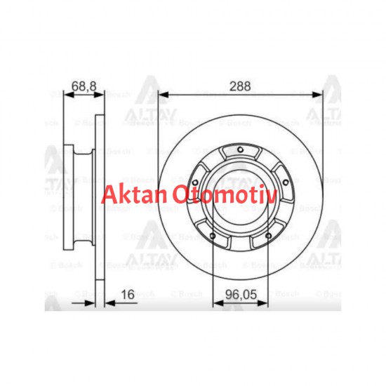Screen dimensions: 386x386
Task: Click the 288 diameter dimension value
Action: (x=241, y=87)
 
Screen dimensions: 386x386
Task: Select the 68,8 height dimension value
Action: (x=83, y=87)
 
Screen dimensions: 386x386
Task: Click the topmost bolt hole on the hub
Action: (x=240, y=149)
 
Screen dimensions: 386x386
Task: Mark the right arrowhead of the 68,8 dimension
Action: (x=102, y=94)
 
